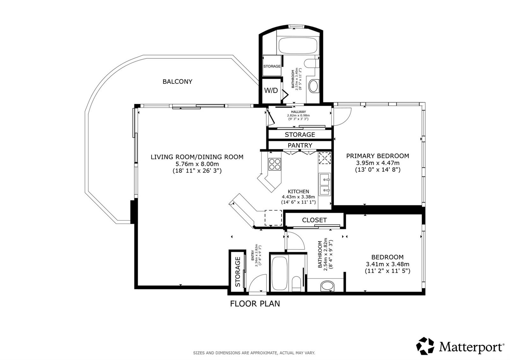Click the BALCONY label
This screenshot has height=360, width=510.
178,82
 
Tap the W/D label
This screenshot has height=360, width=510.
271,90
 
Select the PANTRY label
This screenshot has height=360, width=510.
300,145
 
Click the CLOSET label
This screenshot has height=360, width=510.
314,220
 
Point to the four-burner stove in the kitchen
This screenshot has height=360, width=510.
274,164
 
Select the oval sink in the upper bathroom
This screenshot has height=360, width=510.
314,86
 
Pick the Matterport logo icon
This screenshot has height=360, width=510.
425,346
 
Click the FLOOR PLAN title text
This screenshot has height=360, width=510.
255,304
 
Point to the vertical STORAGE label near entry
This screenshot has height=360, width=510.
238,272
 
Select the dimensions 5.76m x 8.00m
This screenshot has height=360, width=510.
197,164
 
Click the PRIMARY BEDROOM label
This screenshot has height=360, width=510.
378,156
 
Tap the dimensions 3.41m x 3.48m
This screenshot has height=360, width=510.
387,264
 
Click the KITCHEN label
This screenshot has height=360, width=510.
298,191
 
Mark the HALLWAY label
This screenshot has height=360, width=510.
298,112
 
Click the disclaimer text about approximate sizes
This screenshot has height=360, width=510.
254,353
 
